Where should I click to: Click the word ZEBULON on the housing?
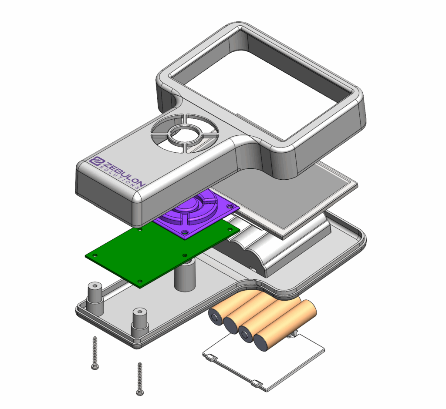coord(124,174)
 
